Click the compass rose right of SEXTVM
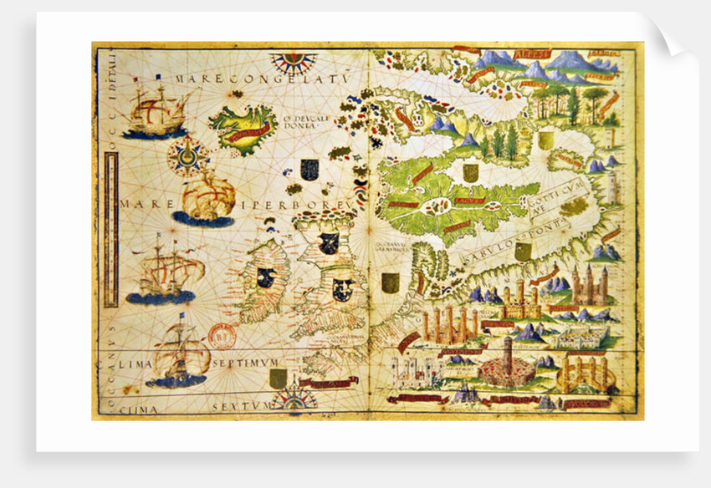294,400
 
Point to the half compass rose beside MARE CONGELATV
293,60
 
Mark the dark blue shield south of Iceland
310,169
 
